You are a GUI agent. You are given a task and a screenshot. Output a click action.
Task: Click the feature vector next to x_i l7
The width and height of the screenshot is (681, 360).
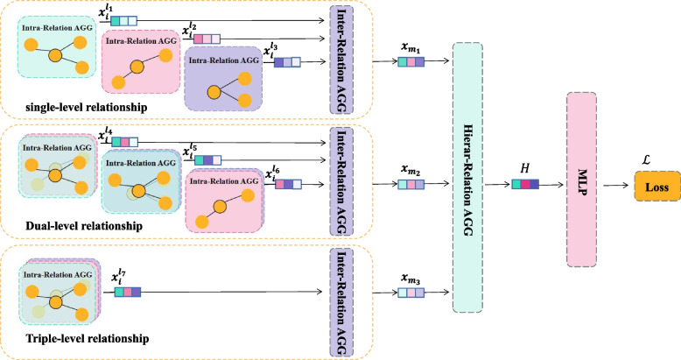(x=124, y=289)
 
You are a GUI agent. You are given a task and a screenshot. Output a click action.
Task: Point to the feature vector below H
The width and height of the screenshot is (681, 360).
(x=525, y=185)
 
